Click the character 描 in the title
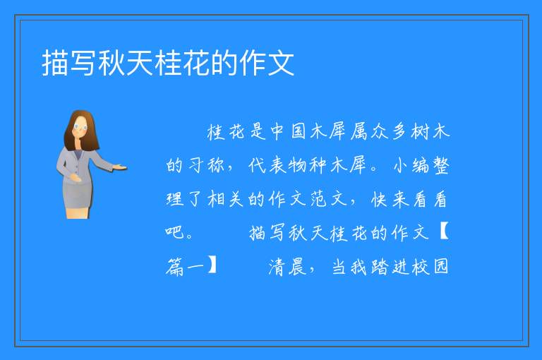[55, 63]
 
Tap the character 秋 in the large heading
[112, 63]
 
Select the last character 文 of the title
[281, 63]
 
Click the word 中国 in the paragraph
[289, 131]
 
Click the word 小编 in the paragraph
[411, 165]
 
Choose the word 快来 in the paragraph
[390, 199]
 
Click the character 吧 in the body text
[175, 232]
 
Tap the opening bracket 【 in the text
[443, 232]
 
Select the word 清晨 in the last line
[287, 267]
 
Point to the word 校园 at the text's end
[430, 267]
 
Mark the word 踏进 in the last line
[390, 267]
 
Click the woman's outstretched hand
[120, 168]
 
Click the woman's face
[80, 128]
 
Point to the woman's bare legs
[78, 212]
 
